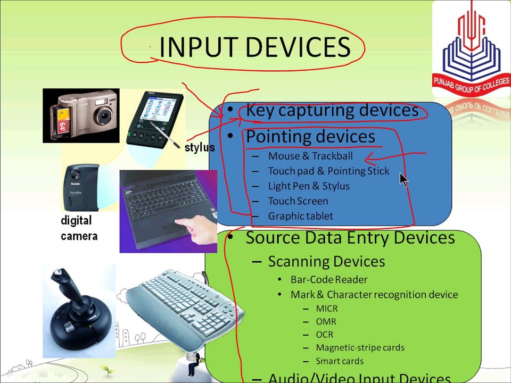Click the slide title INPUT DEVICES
coord(255,47)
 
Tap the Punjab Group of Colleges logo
coord(471,49)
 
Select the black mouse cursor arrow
coord(404,180)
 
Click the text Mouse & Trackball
coord(310,156)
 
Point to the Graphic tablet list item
coord(300,216)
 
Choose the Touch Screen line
coord(298,201)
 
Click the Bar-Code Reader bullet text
coord(329,279)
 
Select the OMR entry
coord(326,321)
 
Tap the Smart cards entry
coord(340,361)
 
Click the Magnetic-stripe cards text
coord(360,347)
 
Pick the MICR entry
coord(327,308)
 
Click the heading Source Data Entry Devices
coord(350,237)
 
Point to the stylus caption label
coord(200,147)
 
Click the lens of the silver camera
coord(104,115)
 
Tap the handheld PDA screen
coord(156,109)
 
